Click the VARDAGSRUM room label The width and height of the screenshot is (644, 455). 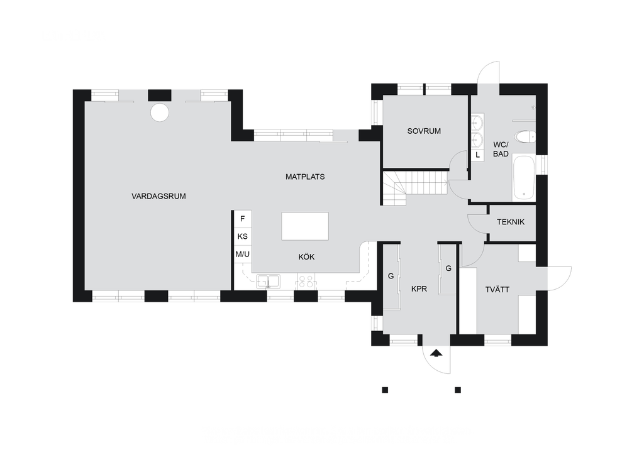[158, 196]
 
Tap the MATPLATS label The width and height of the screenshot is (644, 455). [305, 177]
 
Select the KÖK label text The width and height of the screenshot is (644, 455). [306, 257]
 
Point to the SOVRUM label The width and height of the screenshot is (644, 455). [424, 131]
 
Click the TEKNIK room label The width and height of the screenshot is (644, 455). [511, 222]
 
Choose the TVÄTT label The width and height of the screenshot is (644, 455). [497, 290]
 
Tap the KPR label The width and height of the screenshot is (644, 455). [419, 289]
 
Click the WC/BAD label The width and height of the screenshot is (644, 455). [501, 150]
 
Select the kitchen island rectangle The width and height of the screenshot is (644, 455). [305, 226]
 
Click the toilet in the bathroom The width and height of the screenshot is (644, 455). [525, 136]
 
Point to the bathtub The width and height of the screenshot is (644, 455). [524, 178]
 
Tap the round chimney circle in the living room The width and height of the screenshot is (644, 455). [159, 112]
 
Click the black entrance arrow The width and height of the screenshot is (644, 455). [436, 353]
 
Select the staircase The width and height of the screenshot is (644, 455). [416, 188]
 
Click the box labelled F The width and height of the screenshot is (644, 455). [242, 219]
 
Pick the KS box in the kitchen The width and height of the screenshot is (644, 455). [242, 236]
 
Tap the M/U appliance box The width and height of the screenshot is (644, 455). [242, 255]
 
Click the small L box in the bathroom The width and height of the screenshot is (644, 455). [477, 155]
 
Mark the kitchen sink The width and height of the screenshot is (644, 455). [269, 282]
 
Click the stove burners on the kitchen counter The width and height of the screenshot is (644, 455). [306, 282]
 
